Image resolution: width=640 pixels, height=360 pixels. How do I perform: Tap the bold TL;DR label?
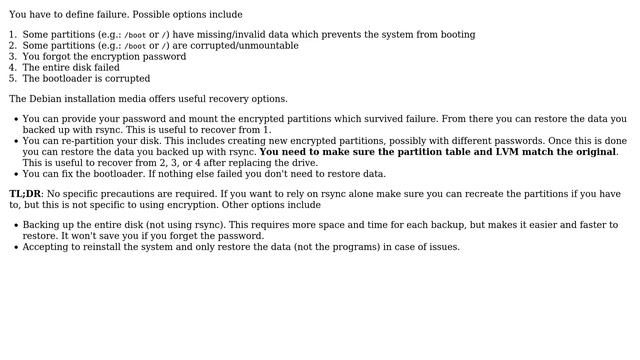[x=25, y=194]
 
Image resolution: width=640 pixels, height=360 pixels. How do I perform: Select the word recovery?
[x=234, y=99]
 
